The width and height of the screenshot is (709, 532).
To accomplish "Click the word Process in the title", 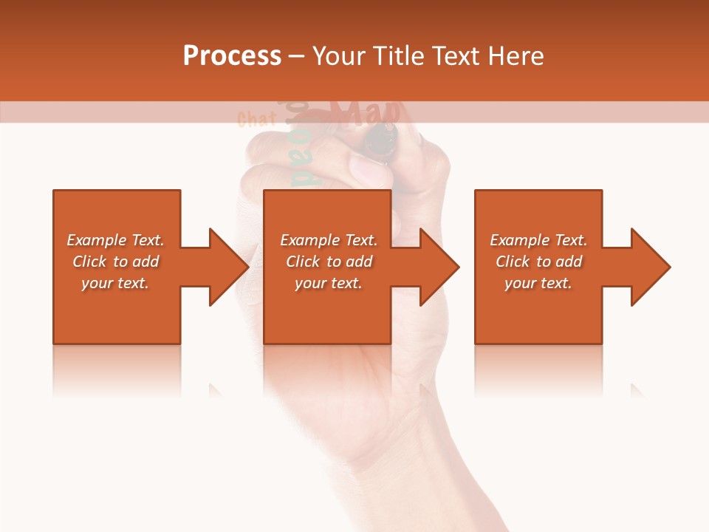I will [232, 56].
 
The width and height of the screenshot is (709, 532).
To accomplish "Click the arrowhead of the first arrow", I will [229, 267].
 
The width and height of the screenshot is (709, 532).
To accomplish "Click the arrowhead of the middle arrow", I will [439, 267].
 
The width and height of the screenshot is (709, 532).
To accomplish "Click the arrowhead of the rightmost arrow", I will [650, 267].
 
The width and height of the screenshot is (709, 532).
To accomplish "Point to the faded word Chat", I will [256, 119].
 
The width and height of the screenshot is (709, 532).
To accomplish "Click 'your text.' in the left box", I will [115, 283].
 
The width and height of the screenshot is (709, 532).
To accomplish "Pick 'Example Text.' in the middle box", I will [329, 240].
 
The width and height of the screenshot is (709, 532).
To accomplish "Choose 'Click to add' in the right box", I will [539, 262].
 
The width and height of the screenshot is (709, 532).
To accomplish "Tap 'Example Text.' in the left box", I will [115, 240].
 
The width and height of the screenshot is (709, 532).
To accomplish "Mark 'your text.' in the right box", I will [538, 283].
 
